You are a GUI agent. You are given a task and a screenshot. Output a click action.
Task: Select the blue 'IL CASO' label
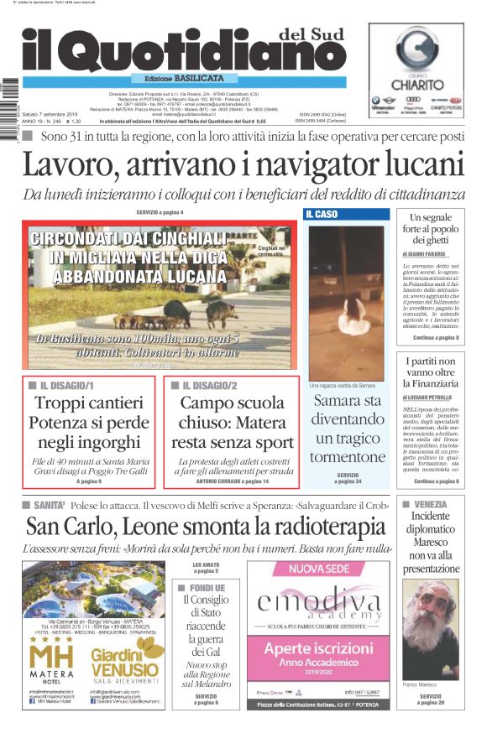click(322, 215)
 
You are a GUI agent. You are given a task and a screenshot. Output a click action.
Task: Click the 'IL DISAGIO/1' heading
click(67, 386)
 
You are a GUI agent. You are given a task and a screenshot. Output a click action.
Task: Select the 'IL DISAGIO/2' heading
click(210, 386)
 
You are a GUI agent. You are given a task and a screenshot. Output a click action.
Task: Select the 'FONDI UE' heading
click(206, 588)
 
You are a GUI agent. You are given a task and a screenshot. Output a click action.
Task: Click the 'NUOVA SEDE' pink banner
click(318, 570)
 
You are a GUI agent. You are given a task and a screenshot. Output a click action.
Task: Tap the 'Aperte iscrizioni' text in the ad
click(318, 648)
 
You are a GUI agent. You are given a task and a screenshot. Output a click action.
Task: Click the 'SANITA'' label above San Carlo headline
click(45, 506)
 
